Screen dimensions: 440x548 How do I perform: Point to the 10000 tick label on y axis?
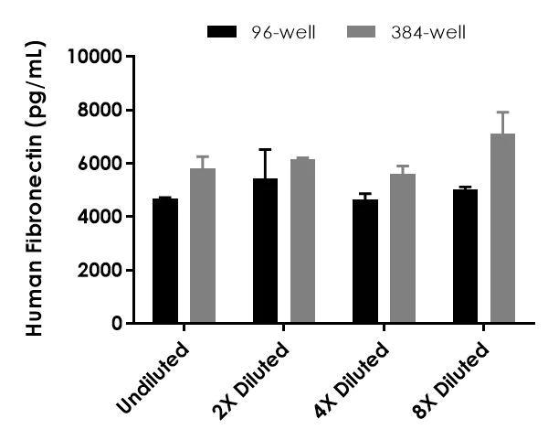[96, 57]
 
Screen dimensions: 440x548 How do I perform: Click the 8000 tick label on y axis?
[100, 111]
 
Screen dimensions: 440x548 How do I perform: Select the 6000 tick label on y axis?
[100, 164]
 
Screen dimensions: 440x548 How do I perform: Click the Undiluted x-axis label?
[154, 377]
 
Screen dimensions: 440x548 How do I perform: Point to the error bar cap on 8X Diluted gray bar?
[503, 113]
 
